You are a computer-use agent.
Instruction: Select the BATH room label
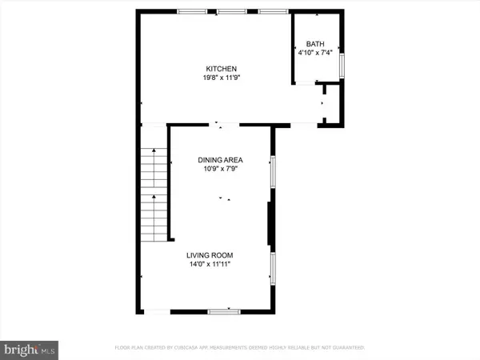point(318,44)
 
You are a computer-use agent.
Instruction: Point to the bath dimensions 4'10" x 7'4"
point(318,54)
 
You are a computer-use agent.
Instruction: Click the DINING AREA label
point(220,160)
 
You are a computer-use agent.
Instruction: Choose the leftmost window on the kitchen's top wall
point(190,11)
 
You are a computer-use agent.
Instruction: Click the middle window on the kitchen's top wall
point(231,11)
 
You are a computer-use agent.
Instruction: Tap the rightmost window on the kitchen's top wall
point(273,11)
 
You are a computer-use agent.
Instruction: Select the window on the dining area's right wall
point(273,170)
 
